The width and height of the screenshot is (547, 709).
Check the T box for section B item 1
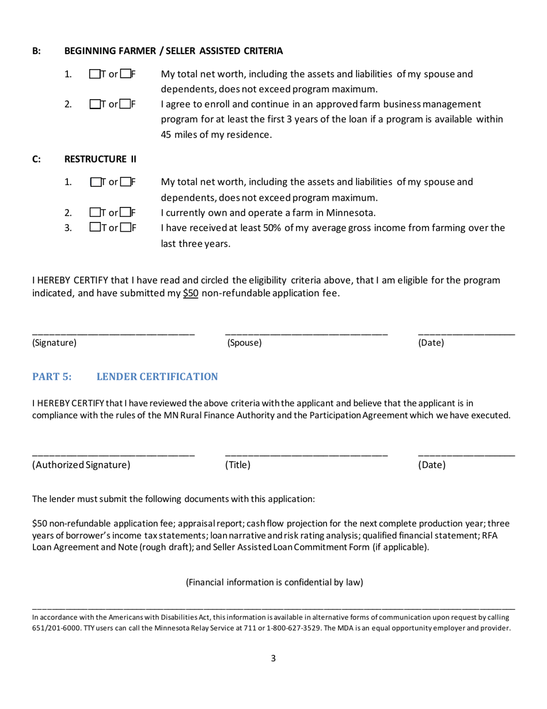click(x=94, y=74)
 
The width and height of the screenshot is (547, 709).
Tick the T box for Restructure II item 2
click(x=94, y=212)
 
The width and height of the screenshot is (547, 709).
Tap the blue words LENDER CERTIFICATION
click(x=157, y=377)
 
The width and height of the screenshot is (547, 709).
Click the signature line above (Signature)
click(x=113, y=333)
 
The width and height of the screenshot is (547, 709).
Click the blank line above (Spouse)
click(x=306, y=333)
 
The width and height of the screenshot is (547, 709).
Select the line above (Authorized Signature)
click(x=113, y=455)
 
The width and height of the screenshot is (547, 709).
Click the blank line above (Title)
click(x=306, y=455)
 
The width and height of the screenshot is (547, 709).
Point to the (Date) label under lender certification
click(x=432, y=465)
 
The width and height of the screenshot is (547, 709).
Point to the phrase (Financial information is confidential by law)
click(x=274, y=582)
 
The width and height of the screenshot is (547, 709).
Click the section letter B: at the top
click(x=36, y=51)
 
